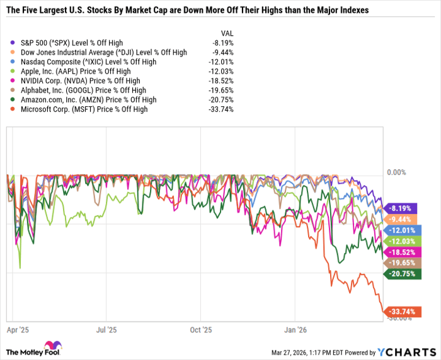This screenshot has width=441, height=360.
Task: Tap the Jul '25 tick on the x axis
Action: pyautogui.click(x=106, y=329)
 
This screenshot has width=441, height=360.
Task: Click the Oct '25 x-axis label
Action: pyautogui.click(x=200, y=329)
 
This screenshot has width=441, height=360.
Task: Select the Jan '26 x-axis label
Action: pyautogui.click(x=295, y=329)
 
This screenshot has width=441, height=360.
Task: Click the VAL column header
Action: pyautogui.click(x=226, y=32)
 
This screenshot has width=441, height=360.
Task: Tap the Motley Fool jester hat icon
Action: pyautogui.click(x=58, y=347)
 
